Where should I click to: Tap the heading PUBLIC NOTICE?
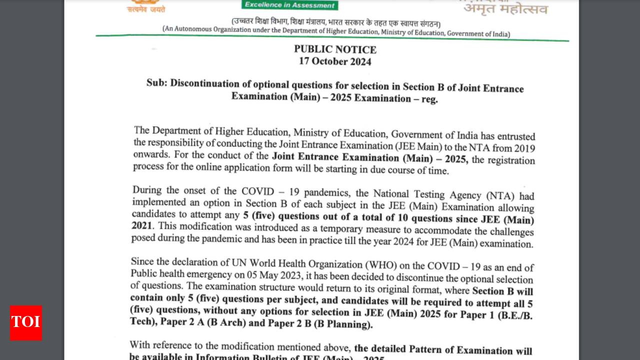point(335,49)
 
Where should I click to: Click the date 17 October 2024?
point(335,61)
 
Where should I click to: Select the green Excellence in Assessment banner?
point(290,5)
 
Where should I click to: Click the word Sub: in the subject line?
point(156,82)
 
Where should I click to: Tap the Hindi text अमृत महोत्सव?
point(505,8)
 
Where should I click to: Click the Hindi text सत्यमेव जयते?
point(145,9)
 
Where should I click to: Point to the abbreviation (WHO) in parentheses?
point(383,265)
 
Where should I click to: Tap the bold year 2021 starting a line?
point(142,225)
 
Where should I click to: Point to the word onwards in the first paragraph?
point(148,154)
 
